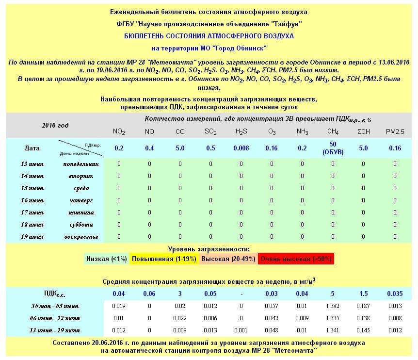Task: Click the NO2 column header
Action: coord(118,131)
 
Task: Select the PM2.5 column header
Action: coord(395,131)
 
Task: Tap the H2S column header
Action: coord(241,131)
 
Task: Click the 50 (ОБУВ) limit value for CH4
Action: coord(333,148)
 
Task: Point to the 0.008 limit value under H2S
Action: coord(241,148)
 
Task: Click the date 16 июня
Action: coord(32,200)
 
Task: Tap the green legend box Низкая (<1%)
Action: coord(106,259)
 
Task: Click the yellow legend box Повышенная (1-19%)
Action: coord(164,259)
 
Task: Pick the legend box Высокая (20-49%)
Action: coord(228,259)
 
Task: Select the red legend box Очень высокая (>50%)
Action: coord(295,259)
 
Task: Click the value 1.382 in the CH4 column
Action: coord(333,306)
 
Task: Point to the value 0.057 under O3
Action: coord(272,306)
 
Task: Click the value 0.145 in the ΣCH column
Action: coord(363,330)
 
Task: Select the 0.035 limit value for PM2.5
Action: coord(395,294)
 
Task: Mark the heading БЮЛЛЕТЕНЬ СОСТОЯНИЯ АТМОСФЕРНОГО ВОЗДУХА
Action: coord(209,36)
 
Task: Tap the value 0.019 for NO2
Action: coord(118,306)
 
